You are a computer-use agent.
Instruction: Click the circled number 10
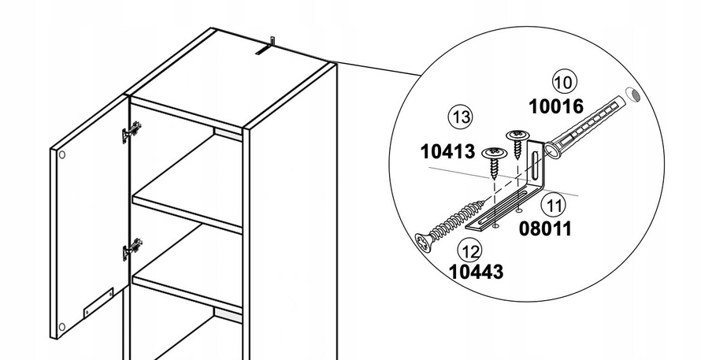pyautogui.click(x=565, y=82)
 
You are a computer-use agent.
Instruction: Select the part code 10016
pyautogui.click(x=556, y=106)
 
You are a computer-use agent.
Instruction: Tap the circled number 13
pyautogui.click(x=461, y=117)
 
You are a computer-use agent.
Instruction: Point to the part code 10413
pyautogui.click(x=447, y=151)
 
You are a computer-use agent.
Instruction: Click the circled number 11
pyautogui.click(x=554, y=206)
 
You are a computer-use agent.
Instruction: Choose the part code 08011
pyautogui.click(x=545, y=228)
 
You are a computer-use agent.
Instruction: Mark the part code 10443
pyautogui.click(x=476, y=272)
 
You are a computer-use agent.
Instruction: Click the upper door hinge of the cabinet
pyautogui.click(x=132, y=132)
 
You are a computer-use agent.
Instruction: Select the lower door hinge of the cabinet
pyautogui.click(x=132, y=249)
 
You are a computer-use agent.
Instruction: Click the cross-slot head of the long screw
pyautogui.click(x=425, y=243)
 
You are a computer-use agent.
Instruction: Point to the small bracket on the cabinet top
pyautogui.click(x=265, y=46)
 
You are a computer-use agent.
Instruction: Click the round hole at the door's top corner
pyautogui.click(x=62, y=154)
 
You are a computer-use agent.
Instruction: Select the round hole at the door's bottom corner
pyautogui.click(x=62, y=327)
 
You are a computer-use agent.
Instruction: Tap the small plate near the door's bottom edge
pyautogui.click(x=98, y=302)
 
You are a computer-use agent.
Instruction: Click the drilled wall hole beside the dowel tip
pyautogui.click(x=632, y=95)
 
